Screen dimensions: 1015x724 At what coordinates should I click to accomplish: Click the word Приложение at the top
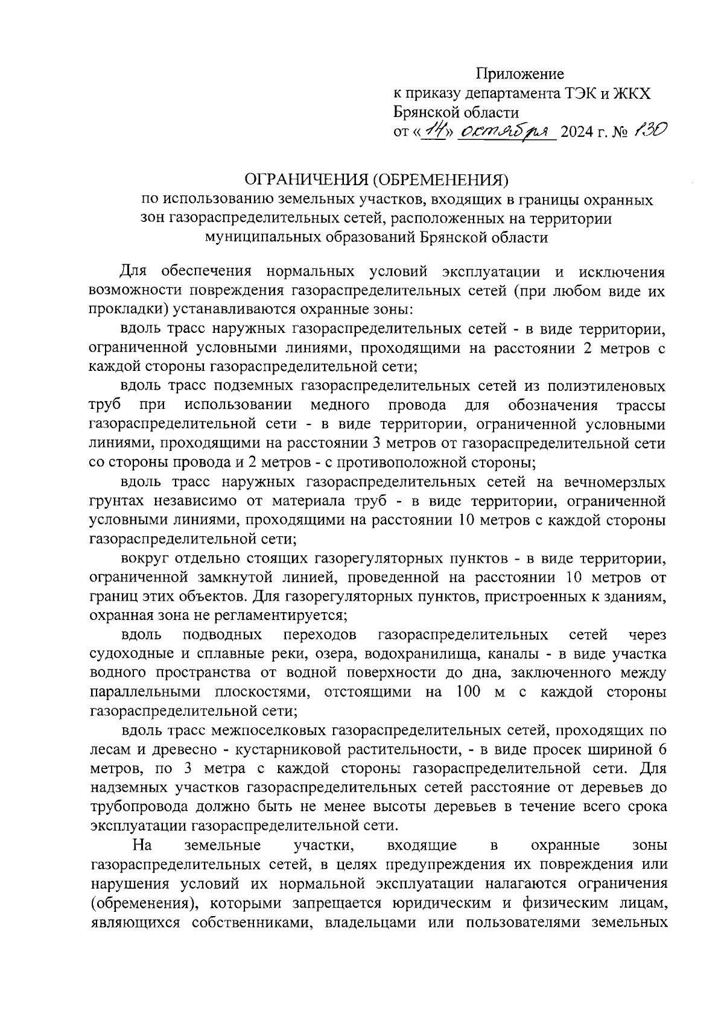point(519,74)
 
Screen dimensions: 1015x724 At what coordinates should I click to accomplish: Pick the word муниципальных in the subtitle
point(260,238)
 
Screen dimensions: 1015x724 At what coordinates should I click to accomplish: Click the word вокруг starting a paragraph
point(143,559)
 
